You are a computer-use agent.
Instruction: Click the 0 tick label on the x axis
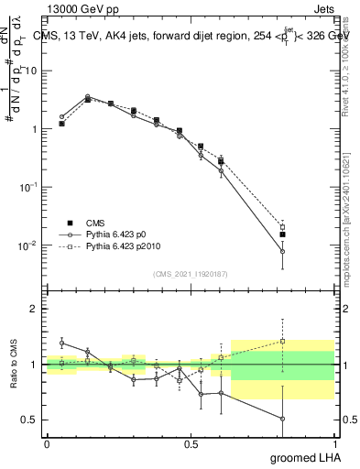47,443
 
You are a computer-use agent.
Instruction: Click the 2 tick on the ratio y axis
36,309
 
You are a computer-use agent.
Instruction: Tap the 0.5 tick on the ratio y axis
32,420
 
